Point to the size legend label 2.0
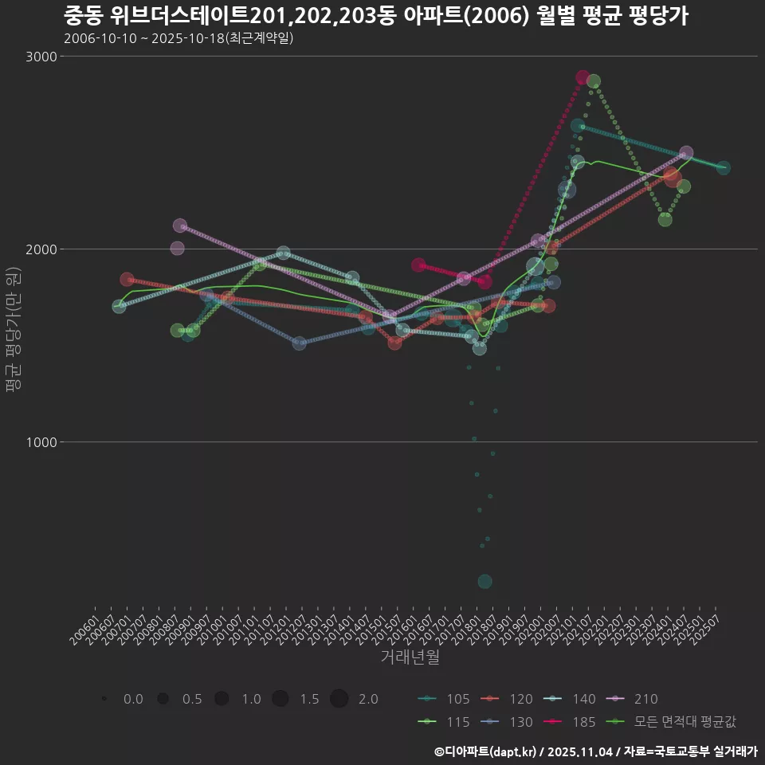point(368,699)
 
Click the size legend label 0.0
point(133,699)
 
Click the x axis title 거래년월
point(410,657)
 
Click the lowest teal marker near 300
point(484,582)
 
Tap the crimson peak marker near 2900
point(583,78)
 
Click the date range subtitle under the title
point(178,38)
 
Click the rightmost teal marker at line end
point(723,167)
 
